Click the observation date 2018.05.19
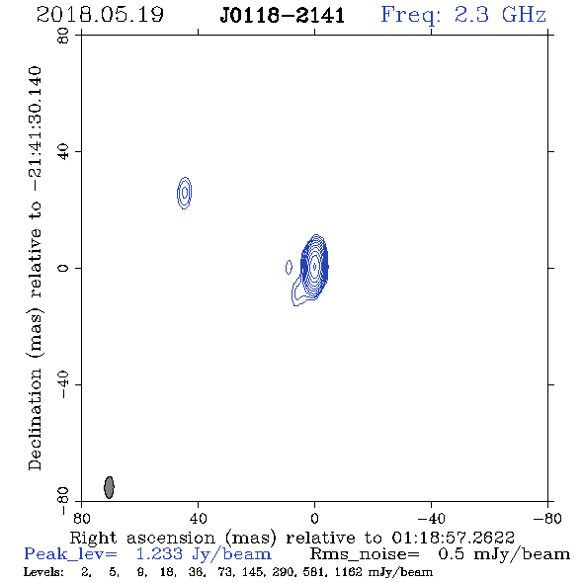pyautogui.click(x=100, y=15)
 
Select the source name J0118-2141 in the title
pyautogui.click(x=283, y=16)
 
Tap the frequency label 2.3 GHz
pyautogui.click(x=500, y=15)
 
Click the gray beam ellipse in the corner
pyautogui.click(x=109, y=487)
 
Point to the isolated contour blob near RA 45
pyautogui.click(x=185, y=193)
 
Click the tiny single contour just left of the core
pyautogui.click(x=289, y=267)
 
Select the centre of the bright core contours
pyautogui.click(x=315, y=267)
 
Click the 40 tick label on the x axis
pyautogui.click(x=198, y=519)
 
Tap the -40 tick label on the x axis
pyautogui.click(x=431, y=519)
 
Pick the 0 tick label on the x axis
pyautogui.click(x=314, y=519)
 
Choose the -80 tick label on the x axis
pyautogui.click(x=547, y=519)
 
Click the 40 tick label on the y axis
pyautogui.click(x=63, y=152)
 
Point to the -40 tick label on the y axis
pyautogui.click(x=63, y=384)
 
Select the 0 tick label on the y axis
pyautogui.click(x=63, y=268)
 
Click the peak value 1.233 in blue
pyautogui.click(x=159, y=554)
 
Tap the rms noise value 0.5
pyautogui.click(x=451, y=554)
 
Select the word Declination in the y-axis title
pyautogui.click(x=35, y=419)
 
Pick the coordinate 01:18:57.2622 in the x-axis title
pyautogui.click(x=453, y=538)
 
